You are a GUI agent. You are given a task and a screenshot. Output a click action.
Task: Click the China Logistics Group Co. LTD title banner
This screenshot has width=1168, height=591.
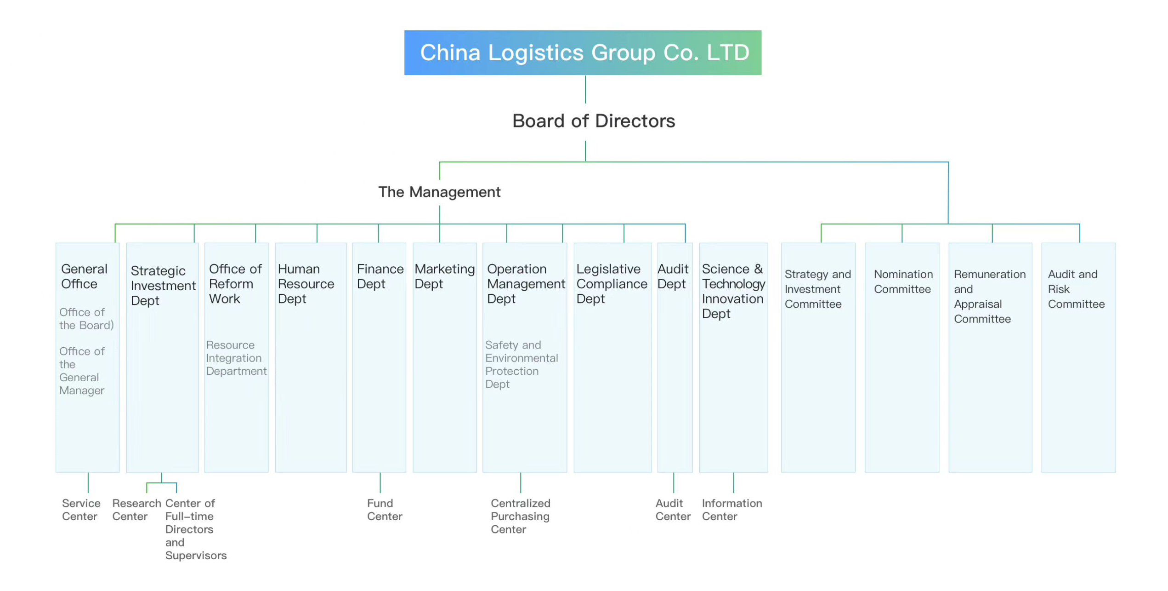[x=582, y=52]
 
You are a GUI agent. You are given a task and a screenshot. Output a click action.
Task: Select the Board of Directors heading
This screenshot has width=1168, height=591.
[x=593, y=121]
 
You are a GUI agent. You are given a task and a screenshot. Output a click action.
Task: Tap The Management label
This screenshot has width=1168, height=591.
[x=439, y=192]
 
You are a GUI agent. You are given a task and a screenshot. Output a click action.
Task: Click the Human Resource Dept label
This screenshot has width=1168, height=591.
[x=306, y=284]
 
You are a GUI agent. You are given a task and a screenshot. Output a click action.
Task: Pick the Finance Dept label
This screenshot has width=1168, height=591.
[x=380, y=276]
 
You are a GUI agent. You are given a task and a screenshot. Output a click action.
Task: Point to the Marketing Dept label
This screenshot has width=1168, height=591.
[x=444, y=276]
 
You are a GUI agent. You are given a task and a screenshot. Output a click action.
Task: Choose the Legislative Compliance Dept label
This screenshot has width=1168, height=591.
[x=611, y=284]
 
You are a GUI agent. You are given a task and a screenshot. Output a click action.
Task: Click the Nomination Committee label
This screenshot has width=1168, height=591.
[x=903, y=281]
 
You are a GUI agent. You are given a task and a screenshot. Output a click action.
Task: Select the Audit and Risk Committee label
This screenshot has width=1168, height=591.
[x=1076, y=289]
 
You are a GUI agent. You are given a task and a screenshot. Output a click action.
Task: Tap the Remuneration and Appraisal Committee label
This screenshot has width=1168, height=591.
[x=989, y=296]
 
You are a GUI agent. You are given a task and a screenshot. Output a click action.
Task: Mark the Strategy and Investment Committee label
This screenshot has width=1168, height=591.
[x=817, y=289]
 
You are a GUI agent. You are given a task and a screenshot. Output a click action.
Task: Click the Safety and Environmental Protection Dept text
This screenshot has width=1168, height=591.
[x=521, y=364]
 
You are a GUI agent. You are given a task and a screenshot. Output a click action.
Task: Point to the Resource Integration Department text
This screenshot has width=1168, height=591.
[x=236, y=358]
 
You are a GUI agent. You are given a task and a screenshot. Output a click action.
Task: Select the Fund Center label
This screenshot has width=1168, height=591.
[x=384, y=510]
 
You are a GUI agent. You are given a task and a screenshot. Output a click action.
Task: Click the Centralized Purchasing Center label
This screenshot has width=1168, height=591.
[x=520, y=516]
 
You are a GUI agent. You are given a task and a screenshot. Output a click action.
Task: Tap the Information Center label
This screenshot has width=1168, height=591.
[x=731, y=510]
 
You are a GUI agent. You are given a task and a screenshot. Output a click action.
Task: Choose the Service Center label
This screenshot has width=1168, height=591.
[x=81, y=510]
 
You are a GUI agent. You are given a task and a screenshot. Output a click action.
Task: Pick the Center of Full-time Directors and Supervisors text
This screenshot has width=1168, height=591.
[x=195, y=529]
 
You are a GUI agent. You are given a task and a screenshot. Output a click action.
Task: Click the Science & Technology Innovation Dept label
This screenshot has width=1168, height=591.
[x=733, y=291]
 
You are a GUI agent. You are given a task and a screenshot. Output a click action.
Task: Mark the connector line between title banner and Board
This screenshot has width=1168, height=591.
[x=585, y=89]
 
